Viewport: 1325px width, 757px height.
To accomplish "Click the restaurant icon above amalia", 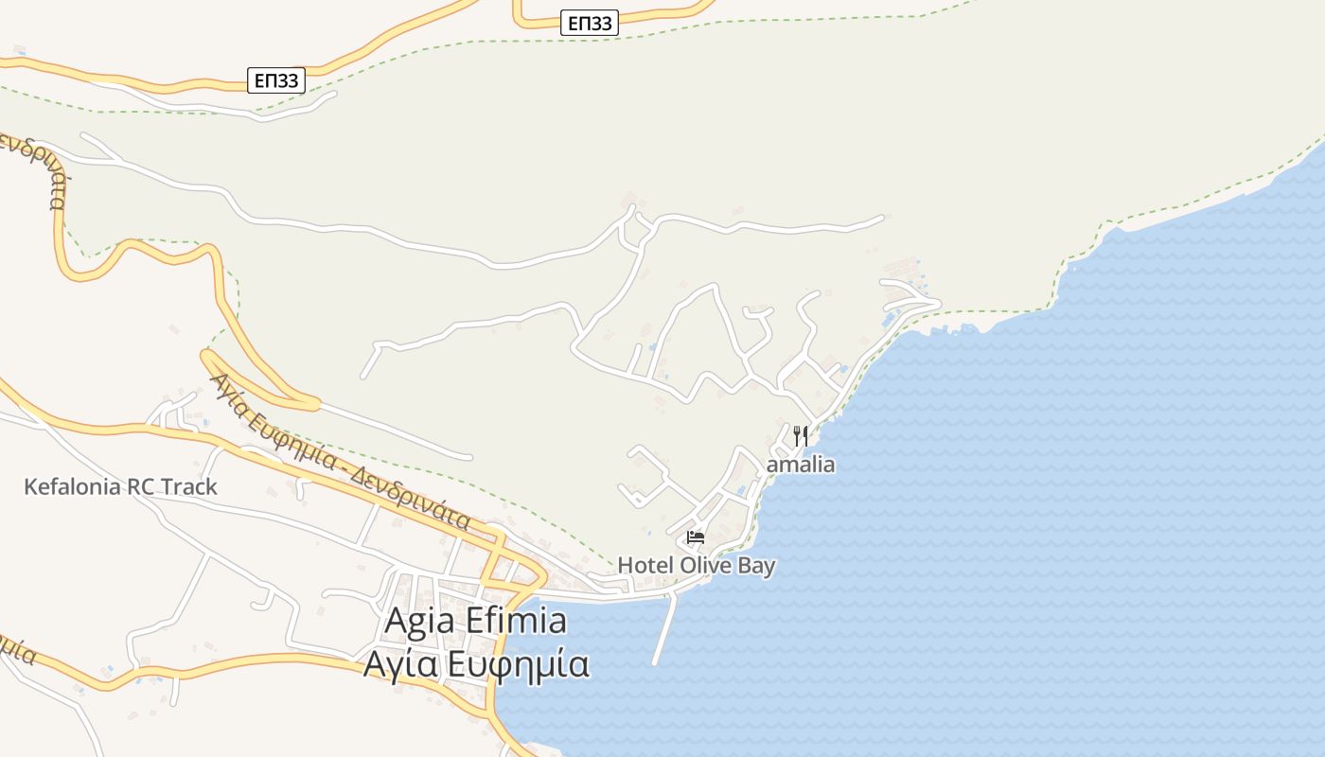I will (801, 436).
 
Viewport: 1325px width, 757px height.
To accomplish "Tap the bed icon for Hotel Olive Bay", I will (696, 537).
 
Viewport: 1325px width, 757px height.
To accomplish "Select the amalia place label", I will (801, 465).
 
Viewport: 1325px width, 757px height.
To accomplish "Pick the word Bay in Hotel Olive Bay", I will (757, 566).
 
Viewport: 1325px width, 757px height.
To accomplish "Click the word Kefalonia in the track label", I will (73, 487).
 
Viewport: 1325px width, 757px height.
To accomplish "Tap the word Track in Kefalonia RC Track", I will (189, 487).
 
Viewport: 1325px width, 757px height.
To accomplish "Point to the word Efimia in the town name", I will (518, 621).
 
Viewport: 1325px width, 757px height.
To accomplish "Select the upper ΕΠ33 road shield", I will (589, 24).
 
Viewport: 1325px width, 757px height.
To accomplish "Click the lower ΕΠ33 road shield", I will (276, 80).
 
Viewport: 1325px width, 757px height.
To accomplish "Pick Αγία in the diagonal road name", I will (230, 395).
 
